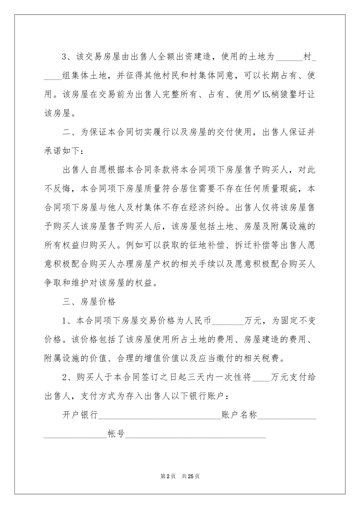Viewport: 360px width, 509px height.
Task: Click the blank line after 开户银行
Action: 160,416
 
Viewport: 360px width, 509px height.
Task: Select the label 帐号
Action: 116,434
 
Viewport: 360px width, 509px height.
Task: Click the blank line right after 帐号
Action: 195,436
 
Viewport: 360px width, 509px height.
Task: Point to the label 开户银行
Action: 80,415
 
